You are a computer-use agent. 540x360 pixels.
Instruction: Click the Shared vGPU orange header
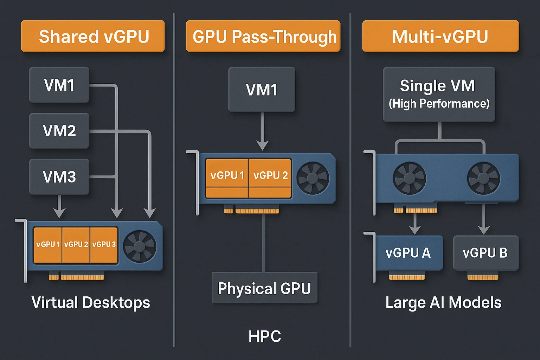[93, 36]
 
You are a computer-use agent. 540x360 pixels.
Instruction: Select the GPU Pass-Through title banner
[263, 36]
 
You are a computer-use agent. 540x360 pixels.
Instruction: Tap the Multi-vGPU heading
[441, 36]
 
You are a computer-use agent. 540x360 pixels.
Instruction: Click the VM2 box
[59, 131]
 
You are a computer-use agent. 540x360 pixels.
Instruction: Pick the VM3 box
[59, 176]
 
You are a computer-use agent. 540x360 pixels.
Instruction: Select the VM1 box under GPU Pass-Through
[262, 89]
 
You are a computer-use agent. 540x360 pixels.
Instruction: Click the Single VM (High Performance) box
[439, 94]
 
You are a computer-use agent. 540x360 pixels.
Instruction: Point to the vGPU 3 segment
[104, 245]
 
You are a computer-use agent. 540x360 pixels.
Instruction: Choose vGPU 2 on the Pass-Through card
[270, 175]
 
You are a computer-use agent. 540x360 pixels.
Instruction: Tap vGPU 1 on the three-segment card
[48, 245]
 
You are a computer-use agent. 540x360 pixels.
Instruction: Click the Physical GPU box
[264, 288]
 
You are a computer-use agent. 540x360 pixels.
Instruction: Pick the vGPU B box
[486, 253]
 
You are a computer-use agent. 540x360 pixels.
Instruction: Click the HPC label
[264, 336]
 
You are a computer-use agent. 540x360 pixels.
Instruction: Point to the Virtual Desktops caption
[91, 302]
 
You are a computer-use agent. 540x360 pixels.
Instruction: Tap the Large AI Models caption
[443, 302]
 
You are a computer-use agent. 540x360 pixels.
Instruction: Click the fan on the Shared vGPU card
[140, 246]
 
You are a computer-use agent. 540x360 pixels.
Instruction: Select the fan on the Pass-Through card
[313, 178]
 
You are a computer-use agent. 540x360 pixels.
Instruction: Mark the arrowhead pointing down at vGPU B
[484, 230]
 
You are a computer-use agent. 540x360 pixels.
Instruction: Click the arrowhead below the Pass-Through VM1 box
[262, 145]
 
